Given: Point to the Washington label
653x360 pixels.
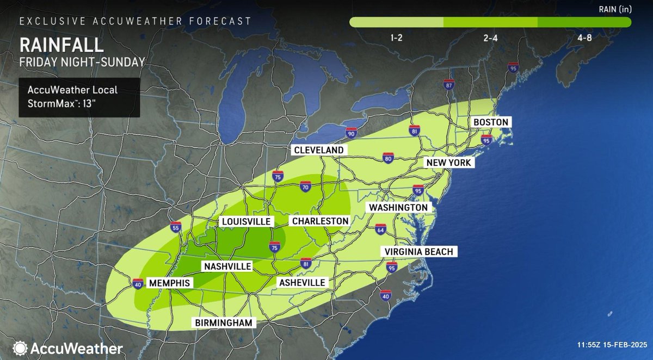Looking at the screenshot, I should pyautogui.click(x=398, y=208).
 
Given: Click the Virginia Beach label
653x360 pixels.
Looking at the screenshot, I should pyautogui.click(x=417, y=251).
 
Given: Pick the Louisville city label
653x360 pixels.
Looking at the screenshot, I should pyautogui.click(x=245, y=222).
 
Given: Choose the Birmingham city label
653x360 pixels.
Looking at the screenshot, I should pyautogui.click(x=224, y=322).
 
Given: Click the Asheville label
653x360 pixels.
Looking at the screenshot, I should pyautogui.click(x=301, y=282).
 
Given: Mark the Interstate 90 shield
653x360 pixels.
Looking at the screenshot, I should pyautogui.click(x=351, y=132).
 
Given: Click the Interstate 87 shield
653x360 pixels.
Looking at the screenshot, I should pyautogui.click(x=448, y=85).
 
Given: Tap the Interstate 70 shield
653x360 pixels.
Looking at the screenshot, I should pyautogui.click(x=305, y=187).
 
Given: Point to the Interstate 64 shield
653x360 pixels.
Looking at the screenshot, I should pyautogui.click(x=380, y=229).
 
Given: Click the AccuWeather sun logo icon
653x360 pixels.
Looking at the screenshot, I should pyautogui.click(x=21, y=347).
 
